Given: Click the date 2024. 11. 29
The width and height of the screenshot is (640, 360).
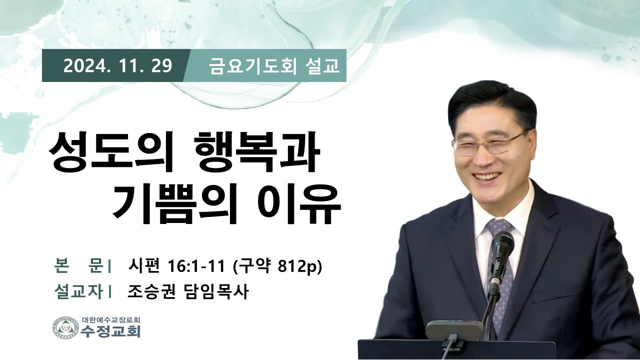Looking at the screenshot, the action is click(117, 66).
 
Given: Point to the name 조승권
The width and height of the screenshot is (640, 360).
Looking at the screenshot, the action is click(151, 291).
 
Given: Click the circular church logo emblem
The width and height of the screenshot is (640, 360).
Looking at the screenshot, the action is click(65, 327).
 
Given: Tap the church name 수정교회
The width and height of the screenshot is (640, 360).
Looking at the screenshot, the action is click(111, 331).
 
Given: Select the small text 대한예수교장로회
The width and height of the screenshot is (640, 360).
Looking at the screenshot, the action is click(111, 319).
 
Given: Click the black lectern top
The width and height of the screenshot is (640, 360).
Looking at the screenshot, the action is click(456, 349).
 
